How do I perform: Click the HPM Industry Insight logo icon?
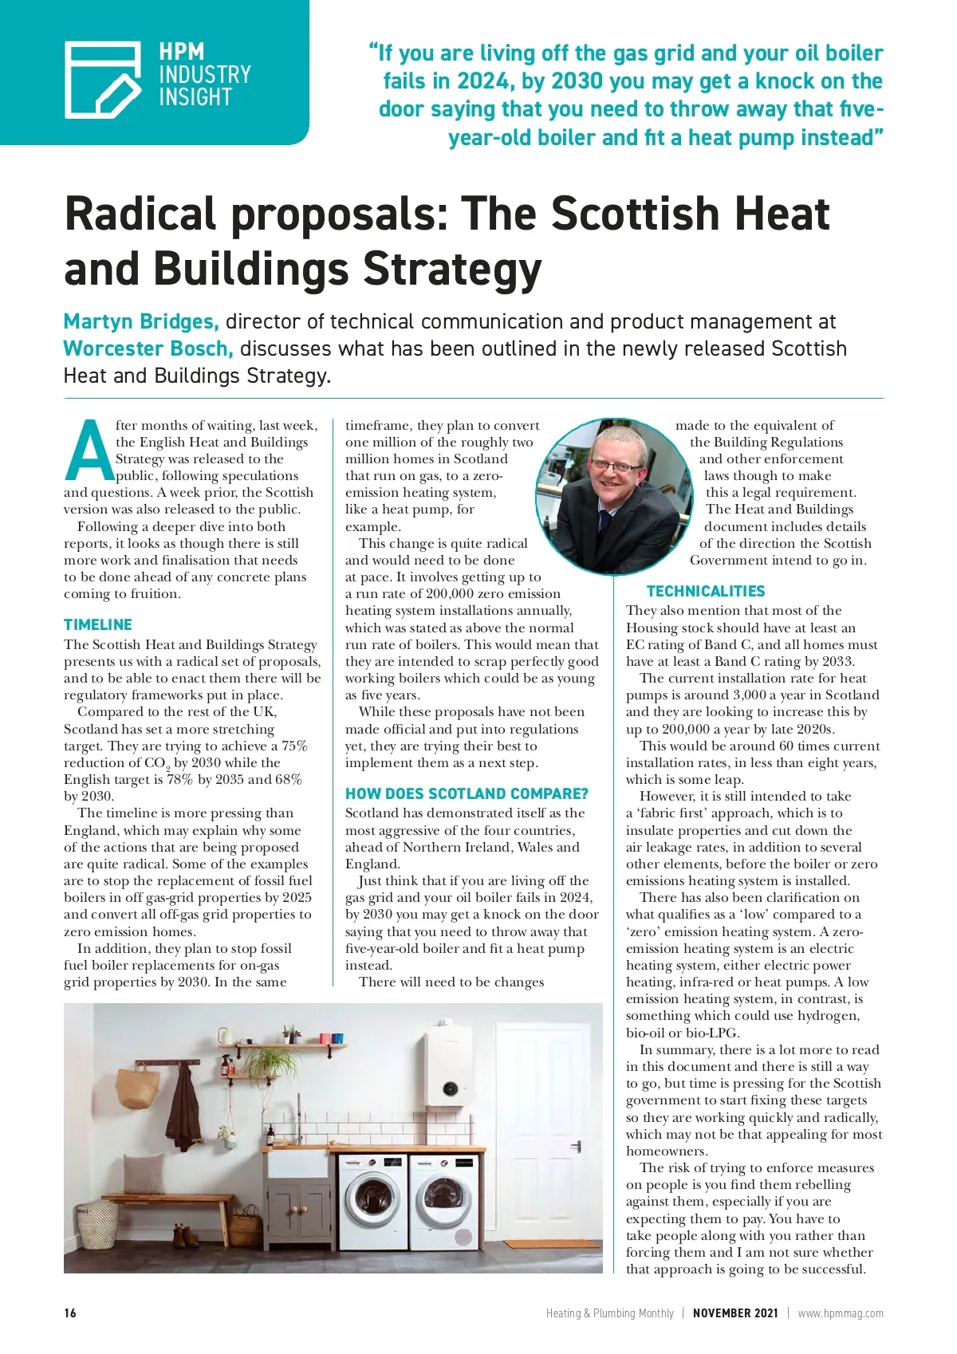pos(103,79)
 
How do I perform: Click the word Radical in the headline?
pos(140,214)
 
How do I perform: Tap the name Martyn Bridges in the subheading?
pos(140,321)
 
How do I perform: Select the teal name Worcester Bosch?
pos(148,348)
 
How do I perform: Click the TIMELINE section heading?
pos(98,624)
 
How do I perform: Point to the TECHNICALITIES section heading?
pos(705,591)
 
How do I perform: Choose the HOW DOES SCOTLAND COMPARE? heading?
pos(467,793)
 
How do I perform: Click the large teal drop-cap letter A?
pos(89,450)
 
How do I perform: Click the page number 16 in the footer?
pos(70,1313)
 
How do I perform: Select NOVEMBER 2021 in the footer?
pos(734,1313)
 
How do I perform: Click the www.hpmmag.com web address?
pos(840,1313)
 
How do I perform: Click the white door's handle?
pos(576,1147)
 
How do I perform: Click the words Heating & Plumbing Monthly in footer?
pos(609,1313)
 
